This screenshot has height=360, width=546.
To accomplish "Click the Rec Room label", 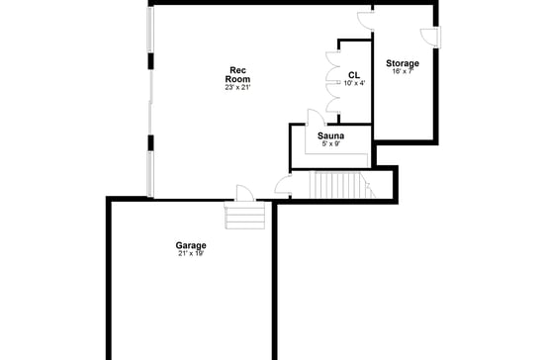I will [x=237, y=74].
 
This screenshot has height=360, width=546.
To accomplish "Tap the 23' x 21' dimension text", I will [x=237, y=88].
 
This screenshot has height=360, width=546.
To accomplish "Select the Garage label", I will [x=191, y=245].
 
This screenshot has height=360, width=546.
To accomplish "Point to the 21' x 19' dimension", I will [x=191, y=254].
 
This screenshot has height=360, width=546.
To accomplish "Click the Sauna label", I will [x=330, y=135].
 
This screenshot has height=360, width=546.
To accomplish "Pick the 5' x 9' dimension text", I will [x=330, y=144].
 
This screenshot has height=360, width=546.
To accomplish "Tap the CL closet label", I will [x=354, y=74].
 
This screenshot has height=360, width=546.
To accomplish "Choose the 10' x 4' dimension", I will [x=354, y=83].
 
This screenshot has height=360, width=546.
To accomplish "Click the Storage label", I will [x=403, y=63].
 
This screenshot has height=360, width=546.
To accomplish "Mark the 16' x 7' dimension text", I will [x=403, y=71].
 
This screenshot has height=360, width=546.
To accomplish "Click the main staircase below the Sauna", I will [x=335, y=184].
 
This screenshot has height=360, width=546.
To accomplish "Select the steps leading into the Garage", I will [x=246, y=217].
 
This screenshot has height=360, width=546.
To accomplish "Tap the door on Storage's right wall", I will [x=430, y=37].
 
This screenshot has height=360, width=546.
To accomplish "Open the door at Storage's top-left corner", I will [x=364, y=16].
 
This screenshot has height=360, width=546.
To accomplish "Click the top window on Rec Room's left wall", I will [x=150, y=30].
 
